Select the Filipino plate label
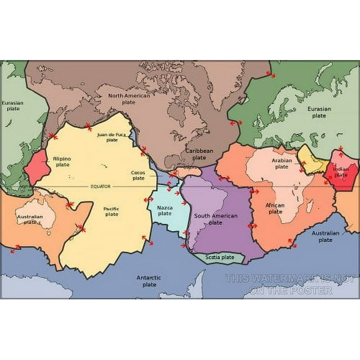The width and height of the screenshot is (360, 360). (x=61, y=162)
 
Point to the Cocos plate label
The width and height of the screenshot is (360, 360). (x=138, y=175)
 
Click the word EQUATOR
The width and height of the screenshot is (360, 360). (x=101, y=186)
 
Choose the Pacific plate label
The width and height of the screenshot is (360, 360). (x=111, y=211)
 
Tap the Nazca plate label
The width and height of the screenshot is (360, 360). (x=165, y=210)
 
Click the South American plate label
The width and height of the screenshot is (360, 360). (x=216, y=219)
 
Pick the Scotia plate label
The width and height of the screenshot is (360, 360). (x=219, y=257)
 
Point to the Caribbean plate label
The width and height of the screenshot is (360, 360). (x=199, y=154)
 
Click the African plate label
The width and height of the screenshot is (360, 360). (x=275, y=208)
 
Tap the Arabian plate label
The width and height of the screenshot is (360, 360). (x=282, y=163)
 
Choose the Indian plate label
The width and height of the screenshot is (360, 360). (x=341, y=172)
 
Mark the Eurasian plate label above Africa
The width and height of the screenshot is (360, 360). (x=319, y=112)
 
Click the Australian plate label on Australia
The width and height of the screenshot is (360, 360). (x=30, y=219)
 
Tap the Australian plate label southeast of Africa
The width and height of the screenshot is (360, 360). (x=325, y=236)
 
